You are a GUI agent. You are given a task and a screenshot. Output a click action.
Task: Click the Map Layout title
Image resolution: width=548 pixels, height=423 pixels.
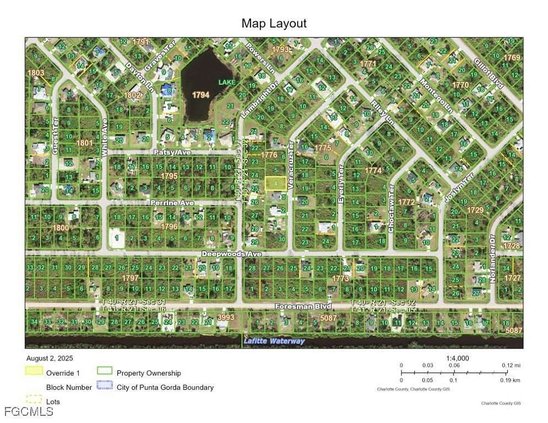coord(274,23)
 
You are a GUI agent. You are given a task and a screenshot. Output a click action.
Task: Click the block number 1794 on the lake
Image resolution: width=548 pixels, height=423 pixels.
coord(200,95)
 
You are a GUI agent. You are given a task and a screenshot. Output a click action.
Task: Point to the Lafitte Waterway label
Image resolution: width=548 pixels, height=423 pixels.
coord(274,341)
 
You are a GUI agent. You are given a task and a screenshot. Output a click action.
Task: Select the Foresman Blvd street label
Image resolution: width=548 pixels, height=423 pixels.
coord(297,305)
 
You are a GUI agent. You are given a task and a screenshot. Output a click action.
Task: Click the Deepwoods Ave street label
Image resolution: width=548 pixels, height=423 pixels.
coord(231,254)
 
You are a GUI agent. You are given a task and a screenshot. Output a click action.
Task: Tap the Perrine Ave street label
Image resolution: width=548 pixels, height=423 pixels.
coord(172,203)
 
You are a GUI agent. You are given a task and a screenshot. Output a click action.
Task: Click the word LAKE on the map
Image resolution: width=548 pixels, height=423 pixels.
coord(226,82)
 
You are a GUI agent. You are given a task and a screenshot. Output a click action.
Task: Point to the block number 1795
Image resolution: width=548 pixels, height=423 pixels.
coord(169,176)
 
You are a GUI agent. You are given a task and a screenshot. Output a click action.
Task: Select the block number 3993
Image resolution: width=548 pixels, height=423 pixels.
coord(226,317)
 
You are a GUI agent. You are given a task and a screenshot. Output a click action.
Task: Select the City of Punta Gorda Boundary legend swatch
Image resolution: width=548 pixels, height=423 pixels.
coord(104,387)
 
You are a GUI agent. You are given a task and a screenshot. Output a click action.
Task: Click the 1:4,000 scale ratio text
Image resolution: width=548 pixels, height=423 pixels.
coord(457,358)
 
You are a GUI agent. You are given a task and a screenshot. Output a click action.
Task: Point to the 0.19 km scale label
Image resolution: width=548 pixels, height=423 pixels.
coord(512,380)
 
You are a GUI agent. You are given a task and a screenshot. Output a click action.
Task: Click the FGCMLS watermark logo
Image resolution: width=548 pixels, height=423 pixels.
coord(21,411)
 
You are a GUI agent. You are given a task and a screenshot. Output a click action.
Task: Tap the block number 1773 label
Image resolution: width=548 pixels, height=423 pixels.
coord(340,279)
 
